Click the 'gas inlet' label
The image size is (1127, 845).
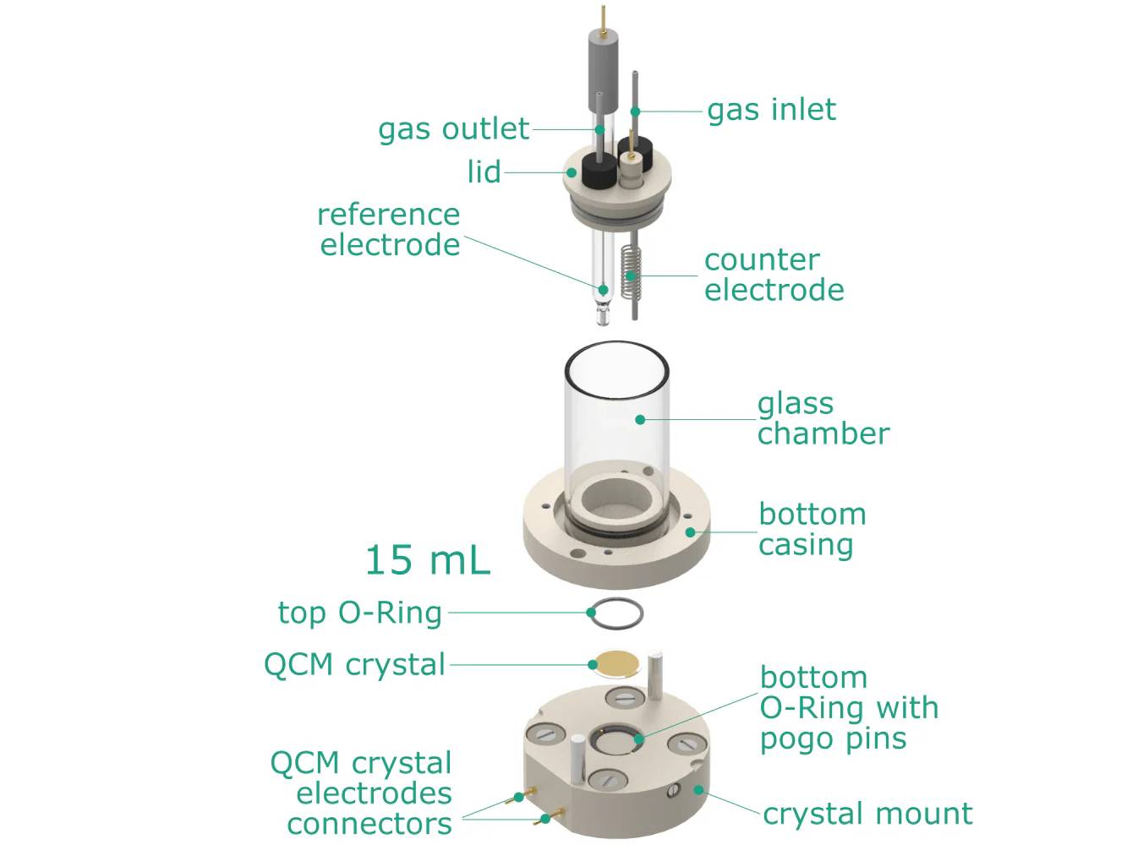pos(771,110)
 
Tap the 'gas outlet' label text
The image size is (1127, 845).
pos(453,129)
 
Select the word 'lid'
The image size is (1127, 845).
pos(484,172)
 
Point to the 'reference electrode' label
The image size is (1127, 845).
pos(389,230)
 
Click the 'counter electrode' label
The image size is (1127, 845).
pos(774,275)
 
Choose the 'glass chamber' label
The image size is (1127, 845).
pos(823,418)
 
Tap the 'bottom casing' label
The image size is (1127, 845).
pos(812,529)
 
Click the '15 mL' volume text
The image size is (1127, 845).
pos(427,560)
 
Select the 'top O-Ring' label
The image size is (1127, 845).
pos(360,613)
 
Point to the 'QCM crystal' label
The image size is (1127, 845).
pos(354,665)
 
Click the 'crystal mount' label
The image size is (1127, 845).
pos(867,814)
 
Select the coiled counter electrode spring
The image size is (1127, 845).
pos(630,272)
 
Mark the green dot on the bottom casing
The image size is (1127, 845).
pos(691,532)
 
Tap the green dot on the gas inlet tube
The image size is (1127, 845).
pos(635,111)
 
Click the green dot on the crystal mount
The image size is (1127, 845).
pos(698,790)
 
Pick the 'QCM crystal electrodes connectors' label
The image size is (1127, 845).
pos(369,793)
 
